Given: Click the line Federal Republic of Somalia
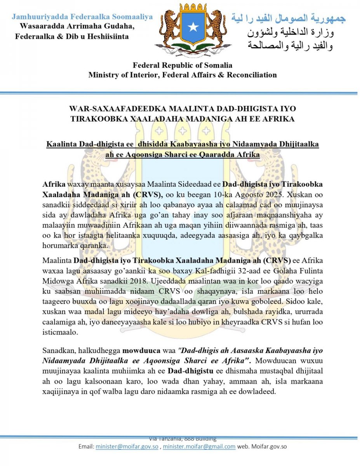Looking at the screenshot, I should point(183,65).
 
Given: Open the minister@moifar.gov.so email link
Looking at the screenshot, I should point(127,447).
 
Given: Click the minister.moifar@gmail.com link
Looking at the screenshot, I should point(199,447).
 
